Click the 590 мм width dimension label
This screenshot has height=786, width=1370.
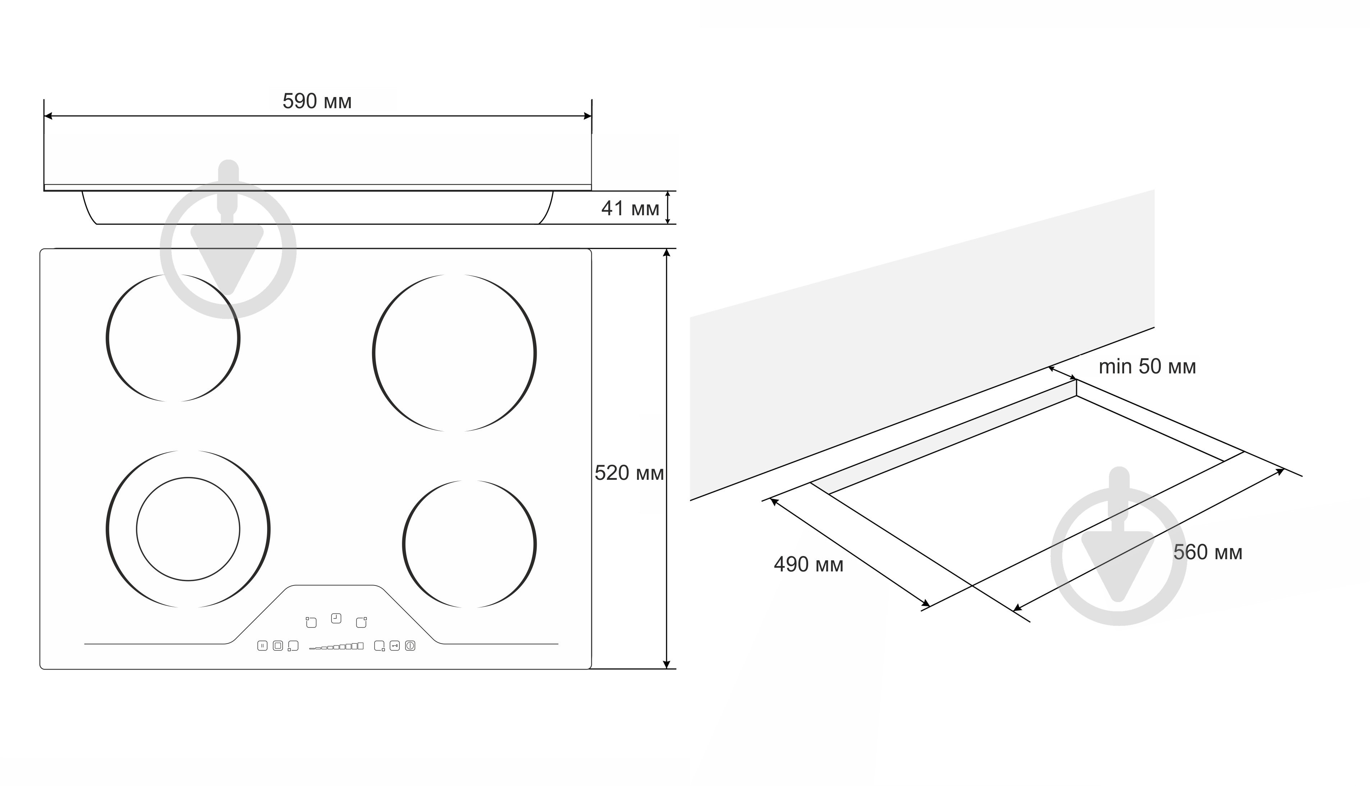(x=317, y=101)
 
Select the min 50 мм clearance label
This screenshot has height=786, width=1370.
(x=1147, y=367)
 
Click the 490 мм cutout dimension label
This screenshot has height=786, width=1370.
(x=808, y=564)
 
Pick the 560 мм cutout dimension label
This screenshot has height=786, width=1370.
(x=1208, y=552)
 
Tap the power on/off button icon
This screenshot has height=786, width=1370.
(x=410, y=645)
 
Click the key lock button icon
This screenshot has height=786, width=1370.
(x=395, y=645)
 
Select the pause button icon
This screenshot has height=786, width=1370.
(x=262, y=645)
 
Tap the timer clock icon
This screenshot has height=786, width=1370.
(x=336, y=618)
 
